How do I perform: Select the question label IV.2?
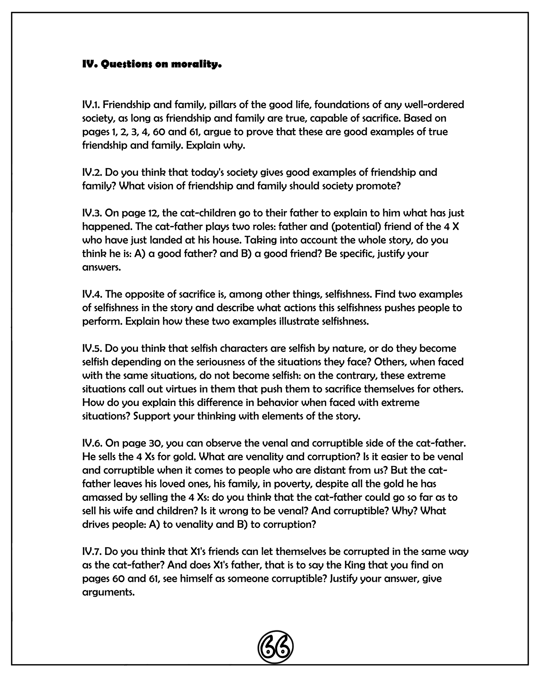92,173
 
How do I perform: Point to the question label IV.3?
92,213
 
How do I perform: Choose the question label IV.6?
92,443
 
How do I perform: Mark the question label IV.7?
92,552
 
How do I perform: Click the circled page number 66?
275,647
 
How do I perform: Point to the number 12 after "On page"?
153,213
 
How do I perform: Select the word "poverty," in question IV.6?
293,484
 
